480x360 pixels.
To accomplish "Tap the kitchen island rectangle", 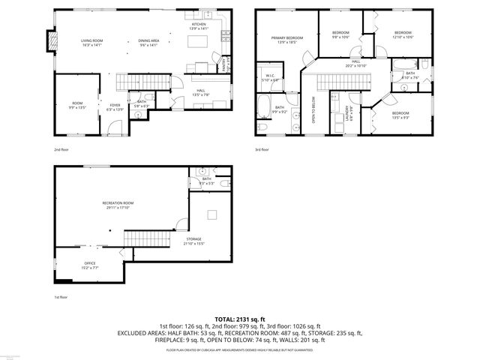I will [198, 43].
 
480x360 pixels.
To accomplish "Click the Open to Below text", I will [313, 109].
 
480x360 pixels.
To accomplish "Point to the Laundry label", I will [347, 112].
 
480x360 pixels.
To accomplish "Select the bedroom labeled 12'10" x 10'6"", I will [403, 34].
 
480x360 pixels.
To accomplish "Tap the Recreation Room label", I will [118, 205].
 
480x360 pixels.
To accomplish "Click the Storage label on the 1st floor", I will [193, 241].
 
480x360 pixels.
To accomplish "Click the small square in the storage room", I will [213, 215].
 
